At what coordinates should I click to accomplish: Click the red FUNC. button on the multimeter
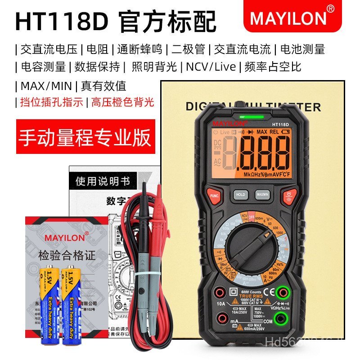(x=215, y=195)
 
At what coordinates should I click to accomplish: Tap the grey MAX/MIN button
(x=262, y=194)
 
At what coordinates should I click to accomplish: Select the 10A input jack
(x=220, y=293)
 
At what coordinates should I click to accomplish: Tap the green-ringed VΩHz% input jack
(x=282, y=292)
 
